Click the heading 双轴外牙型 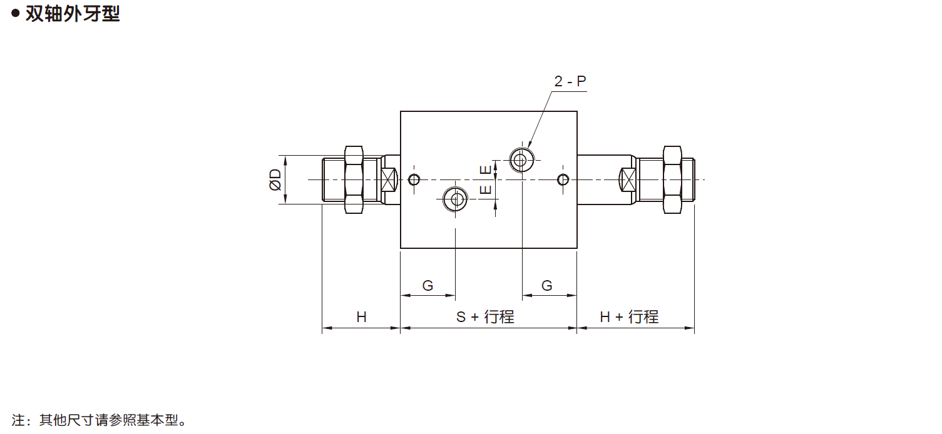click(72, 14)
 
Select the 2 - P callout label click(570, 81)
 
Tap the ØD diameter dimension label click(274, 179)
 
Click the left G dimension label click(427, 286)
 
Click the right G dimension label click(546, 286)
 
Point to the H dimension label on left click(361, 317)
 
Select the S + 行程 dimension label click(485, 317)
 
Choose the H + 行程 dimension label click(629, 317)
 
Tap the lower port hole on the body click(455, 199)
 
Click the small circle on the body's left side click(413, 180)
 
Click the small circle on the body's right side click(563, 180)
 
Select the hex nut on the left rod click(354, 179)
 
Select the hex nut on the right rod click(672, 179)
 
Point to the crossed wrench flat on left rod click(389, 180)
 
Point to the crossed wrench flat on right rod click(627, 180)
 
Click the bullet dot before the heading click(16, 14)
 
